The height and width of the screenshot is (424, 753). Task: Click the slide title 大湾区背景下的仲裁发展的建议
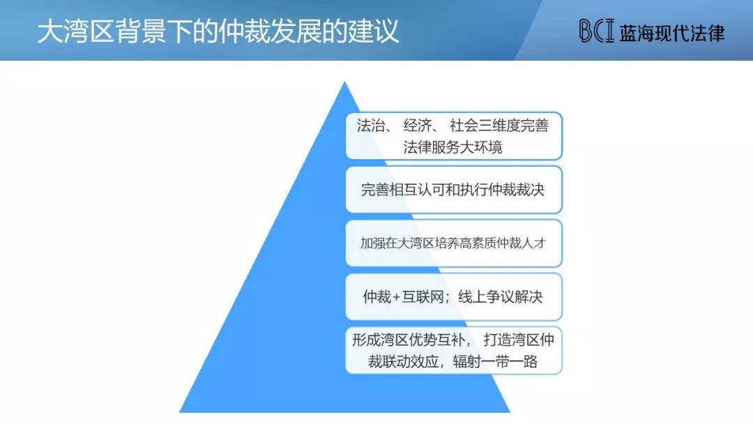(218, 31)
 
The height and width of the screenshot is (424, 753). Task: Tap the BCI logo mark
(596, 31)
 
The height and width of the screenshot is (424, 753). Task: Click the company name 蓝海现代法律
(672, 33)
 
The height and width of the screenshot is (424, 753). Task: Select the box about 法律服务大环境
(454, 136)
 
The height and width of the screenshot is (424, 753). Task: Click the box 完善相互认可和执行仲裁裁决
(454, 190)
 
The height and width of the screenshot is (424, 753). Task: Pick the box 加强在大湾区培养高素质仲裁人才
(454, 243)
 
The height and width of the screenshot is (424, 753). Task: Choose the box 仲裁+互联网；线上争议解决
(454, 297)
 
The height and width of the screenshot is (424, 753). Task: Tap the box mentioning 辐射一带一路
(454, 351)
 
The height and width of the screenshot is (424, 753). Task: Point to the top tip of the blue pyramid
(344, 82)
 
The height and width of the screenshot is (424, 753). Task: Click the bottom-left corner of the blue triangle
(180, 412)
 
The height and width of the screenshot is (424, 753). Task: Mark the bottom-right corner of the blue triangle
(510, 412)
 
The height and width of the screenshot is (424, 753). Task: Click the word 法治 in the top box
(371, 126)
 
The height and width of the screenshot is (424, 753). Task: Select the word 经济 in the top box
(418, 126)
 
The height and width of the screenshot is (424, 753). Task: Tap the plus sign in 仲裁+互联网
(397, 297)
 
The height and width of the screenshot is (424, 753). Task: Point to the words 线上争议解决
(501, 297)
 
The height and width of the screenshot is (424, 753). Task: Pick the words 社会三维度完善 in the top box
(499, 126)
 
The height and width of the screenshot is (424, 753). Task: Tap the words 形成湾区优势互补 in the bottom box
(408, 340)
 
